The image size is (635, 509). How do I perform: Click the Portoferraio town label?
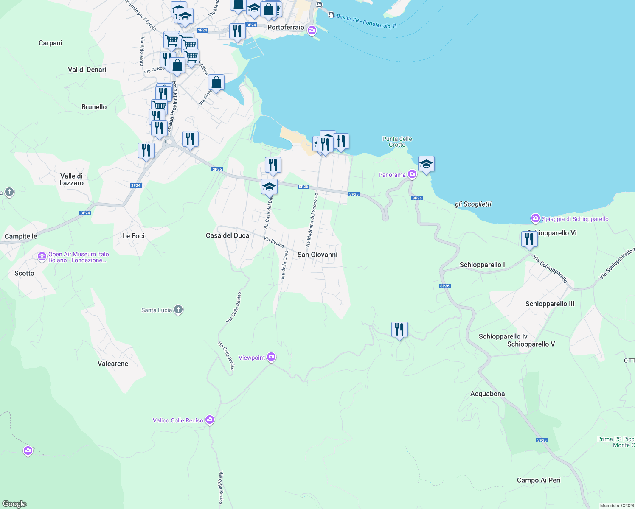(x=286, y=27)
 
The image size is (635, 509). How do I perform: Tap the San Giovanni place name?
(x=317, y=255)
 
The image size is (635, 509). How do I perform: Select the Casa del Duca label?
(x=228, y=235)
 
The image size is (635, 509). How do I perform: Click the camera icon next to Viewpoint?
(x=271, y=358)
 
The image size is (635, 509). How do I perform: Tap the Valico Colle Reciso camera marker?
(x=210, y=420)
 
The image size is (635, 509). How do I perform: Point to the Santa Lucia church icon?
(x=178, y=310)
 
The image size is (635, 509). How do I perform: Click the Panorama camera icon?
(x=412, y=174)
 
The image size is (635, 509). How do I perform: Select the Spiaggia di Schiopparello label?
(x=575, y=219)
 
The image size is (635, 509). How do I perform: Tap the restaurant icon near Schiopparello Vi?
(x=529, y=239)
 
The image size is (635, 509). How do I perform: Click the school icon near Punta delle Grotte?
(x=426, y=164)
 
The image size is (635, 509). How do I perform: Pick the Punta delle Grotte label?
(x=397, y=142)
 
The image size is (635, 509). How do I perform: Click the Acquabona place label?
(x=487, y=394)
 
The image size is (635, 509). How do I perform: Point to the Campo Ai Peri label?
(x=539, y=480)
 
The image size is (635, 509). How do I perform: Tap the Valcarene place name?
(x=113, y=364)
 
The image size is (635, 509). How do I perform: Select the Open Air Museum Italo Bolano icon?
(x=42, y=257)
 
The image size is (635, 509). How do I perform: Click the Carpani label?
(x=51, y=43)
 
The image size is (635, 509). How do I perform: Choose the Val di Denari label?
(x=87, y=70)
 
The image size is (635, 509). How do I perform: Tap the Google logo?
(x=14, y=504)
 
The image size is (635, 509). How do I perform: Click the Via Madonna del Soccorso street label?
(x=312, y=220)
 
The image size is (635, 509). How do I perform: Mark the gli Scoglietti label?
(x=473, y=204)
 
